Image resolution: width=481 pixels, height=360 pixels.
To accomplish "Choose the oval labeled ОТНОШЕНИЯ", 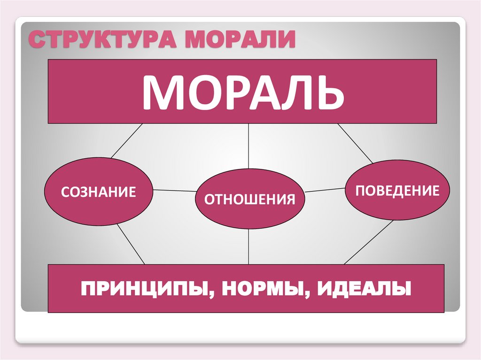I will pos(249,199).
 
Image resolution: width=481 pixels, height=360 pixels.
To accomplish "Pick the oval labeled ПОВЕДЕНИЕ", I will pos(397,190).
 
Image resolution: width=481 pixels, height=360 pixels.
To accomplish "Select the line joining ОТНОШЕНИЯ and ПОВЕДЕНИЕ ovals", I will pos(325,190).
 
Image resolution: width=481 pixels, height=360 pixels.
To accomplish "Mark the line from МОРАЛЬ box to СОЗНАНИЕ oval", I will pos(126,140).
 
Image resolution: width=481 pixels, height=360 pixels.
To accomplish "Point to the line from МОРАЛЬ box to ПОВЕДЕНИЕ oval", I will pos(355,143).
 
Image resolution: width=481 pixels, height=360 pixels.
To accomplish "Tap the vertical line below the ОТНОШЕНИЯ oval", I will pos(248,246).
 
